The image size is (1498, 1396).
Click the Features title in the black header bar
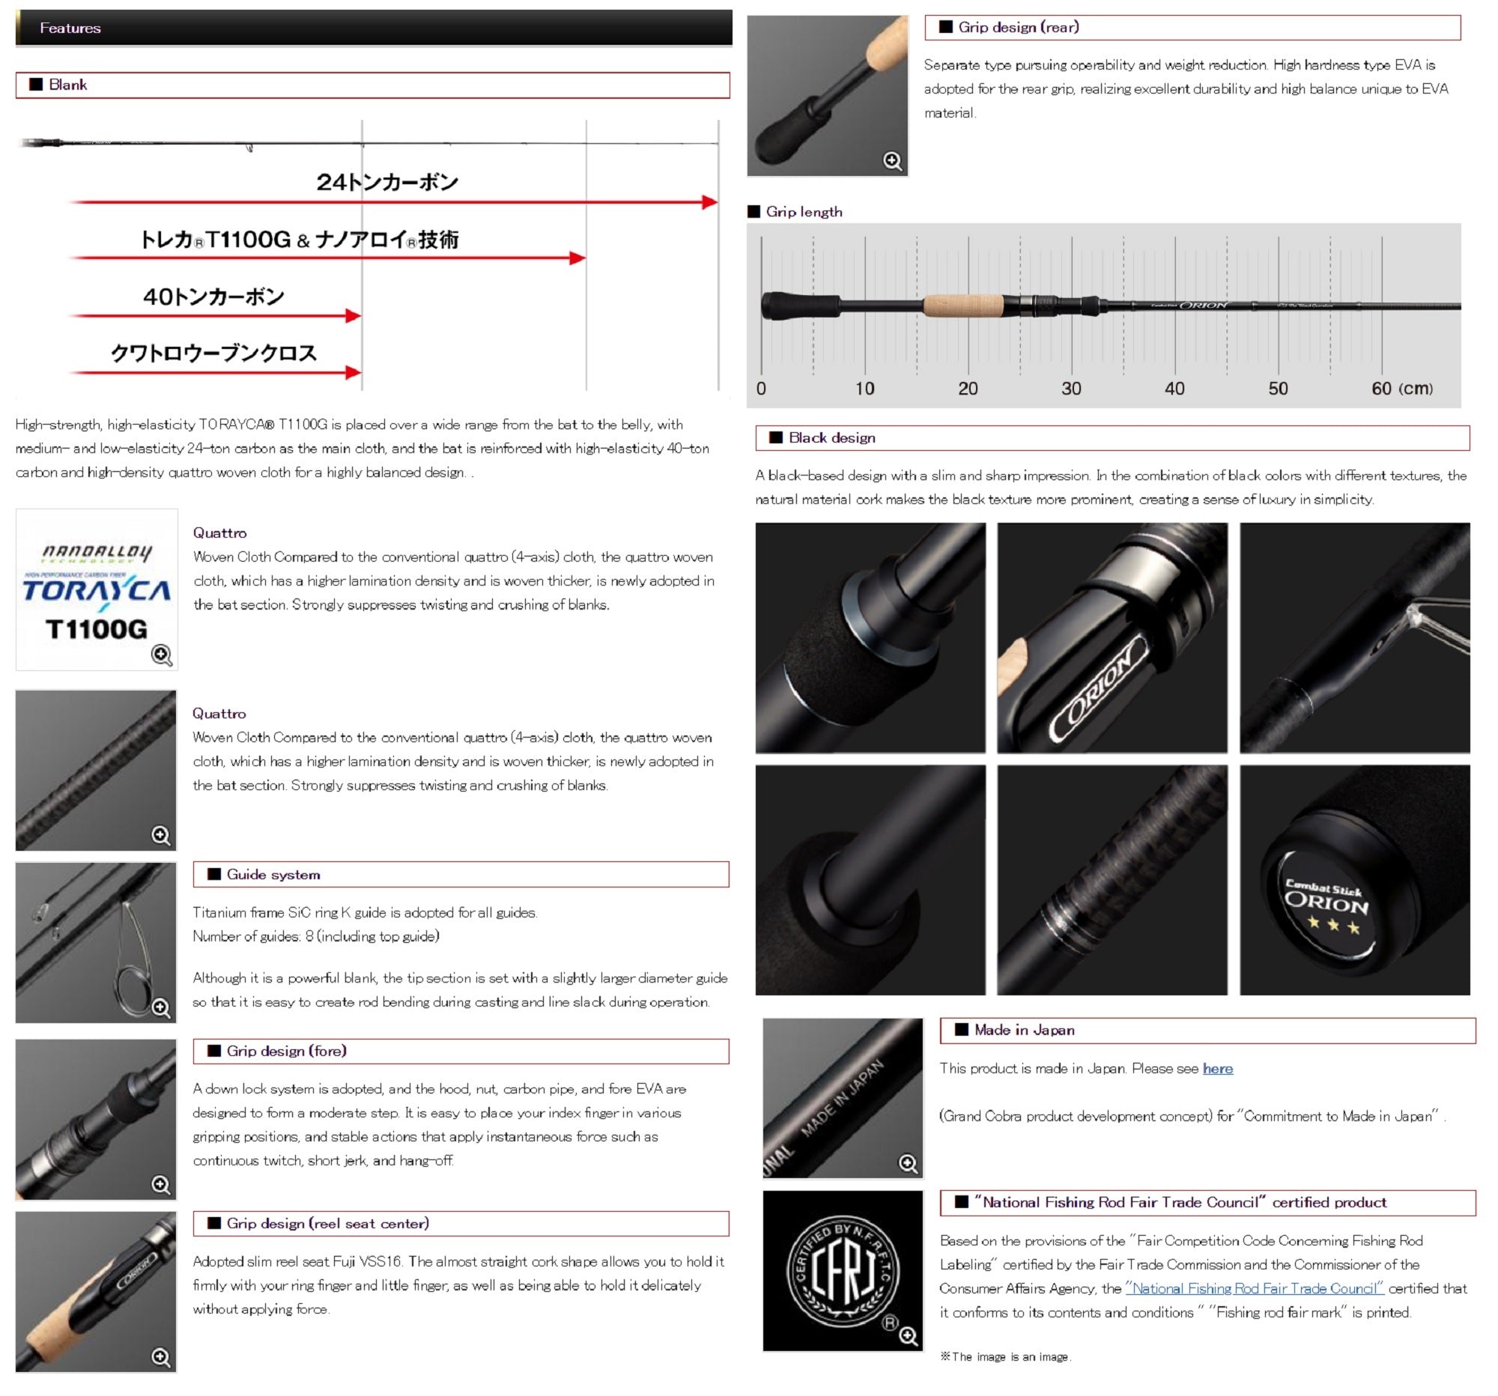pyautogui.click(x=70, y=28)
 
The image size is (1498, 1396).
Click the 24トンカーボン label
pyautogui.click(x=387, y=182)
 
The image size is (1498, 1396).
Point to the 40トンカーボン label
pyautogui.click(x=214, y=297)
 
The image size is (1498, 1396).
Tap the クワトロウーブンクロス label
pyautogui.click(x=214, y=353)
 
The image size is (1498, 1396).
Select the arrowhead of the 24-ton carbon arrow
pyautogui.click(x=709, y=202)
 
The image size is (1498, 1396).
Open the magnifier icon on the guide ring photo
pyautogui.click(x=161, y=1008)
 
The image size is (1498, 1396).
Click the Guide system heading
pyautogui.click(x=273, y=875)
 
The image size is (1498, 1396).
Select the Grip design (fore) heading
pyautogui.click(x=286, y=1051)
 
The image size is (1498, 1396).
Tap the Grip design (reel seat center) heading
pyautogui.click(x=328, y=1224)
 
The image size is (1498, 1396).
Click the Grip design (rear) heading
pyautogui.click(x=1019, y=28)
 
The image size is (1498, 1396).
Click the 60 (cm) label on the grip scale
pyautogui.click(x=1402, y=389)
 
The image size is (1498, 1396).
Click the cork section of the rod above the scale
pyautogui.click(x=964, y=306)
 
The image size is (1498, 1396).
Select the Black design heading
pyautogui.click(x=832, y=437)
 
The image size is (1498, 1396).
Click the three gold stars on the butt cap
pyautogui.click(x=1334, y=924)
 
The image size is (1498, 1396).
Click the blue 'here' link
pyautogui.click(x=1218, y=1068)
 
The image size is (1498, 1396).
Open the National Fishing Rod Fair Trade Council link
pyautogui.click(x=1255, y=1289)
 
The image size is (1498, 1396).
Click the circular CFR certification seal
pyautogui.click(x=843, y=1271)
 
